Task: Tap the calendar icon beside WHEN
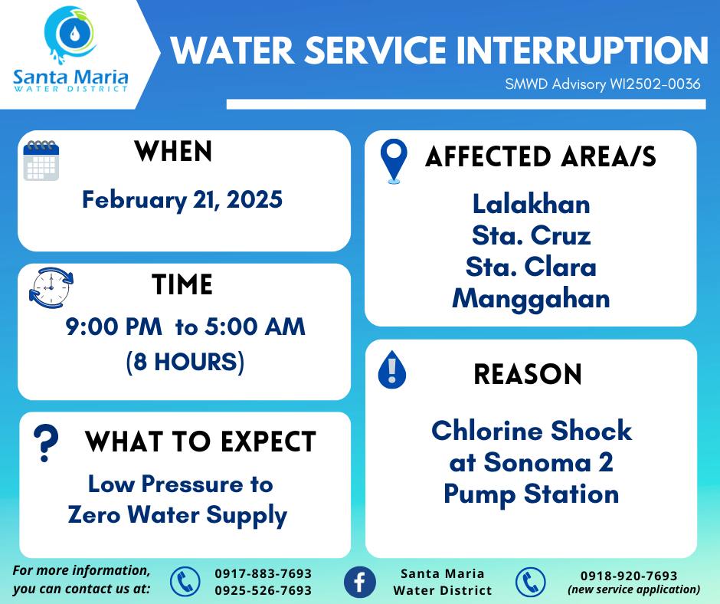(x=41, y=160)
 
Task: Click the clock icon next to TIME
(x=51, y=287)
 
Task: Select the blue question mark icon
(x=46, y=443)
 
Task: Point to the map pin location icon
(x=394, y=161)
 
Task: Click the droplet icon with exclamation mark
(x=391, y=370)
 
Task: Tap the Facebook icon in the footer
(x=359, y=582)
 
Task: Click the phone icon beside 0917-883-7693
(x=185, y=582)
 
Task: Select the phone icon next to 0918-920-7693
(x=530, y=583)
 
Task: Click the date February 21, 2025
(x=182, y=200)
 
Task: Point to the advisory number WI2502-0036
(x=655, y=84)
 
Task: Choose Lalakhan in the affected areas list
(x=532, y=204)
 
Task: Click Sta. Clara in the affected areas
(x=532, y=267)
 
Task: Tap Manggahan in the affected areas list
(x=532, y=300)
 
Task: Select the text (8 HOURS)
(x=185, y=362)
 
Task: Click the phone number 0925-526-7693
(x=263, y=590)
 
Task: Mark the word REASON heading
(x=528, y=374)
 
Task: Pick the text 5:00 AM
(x=255, y=327)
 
